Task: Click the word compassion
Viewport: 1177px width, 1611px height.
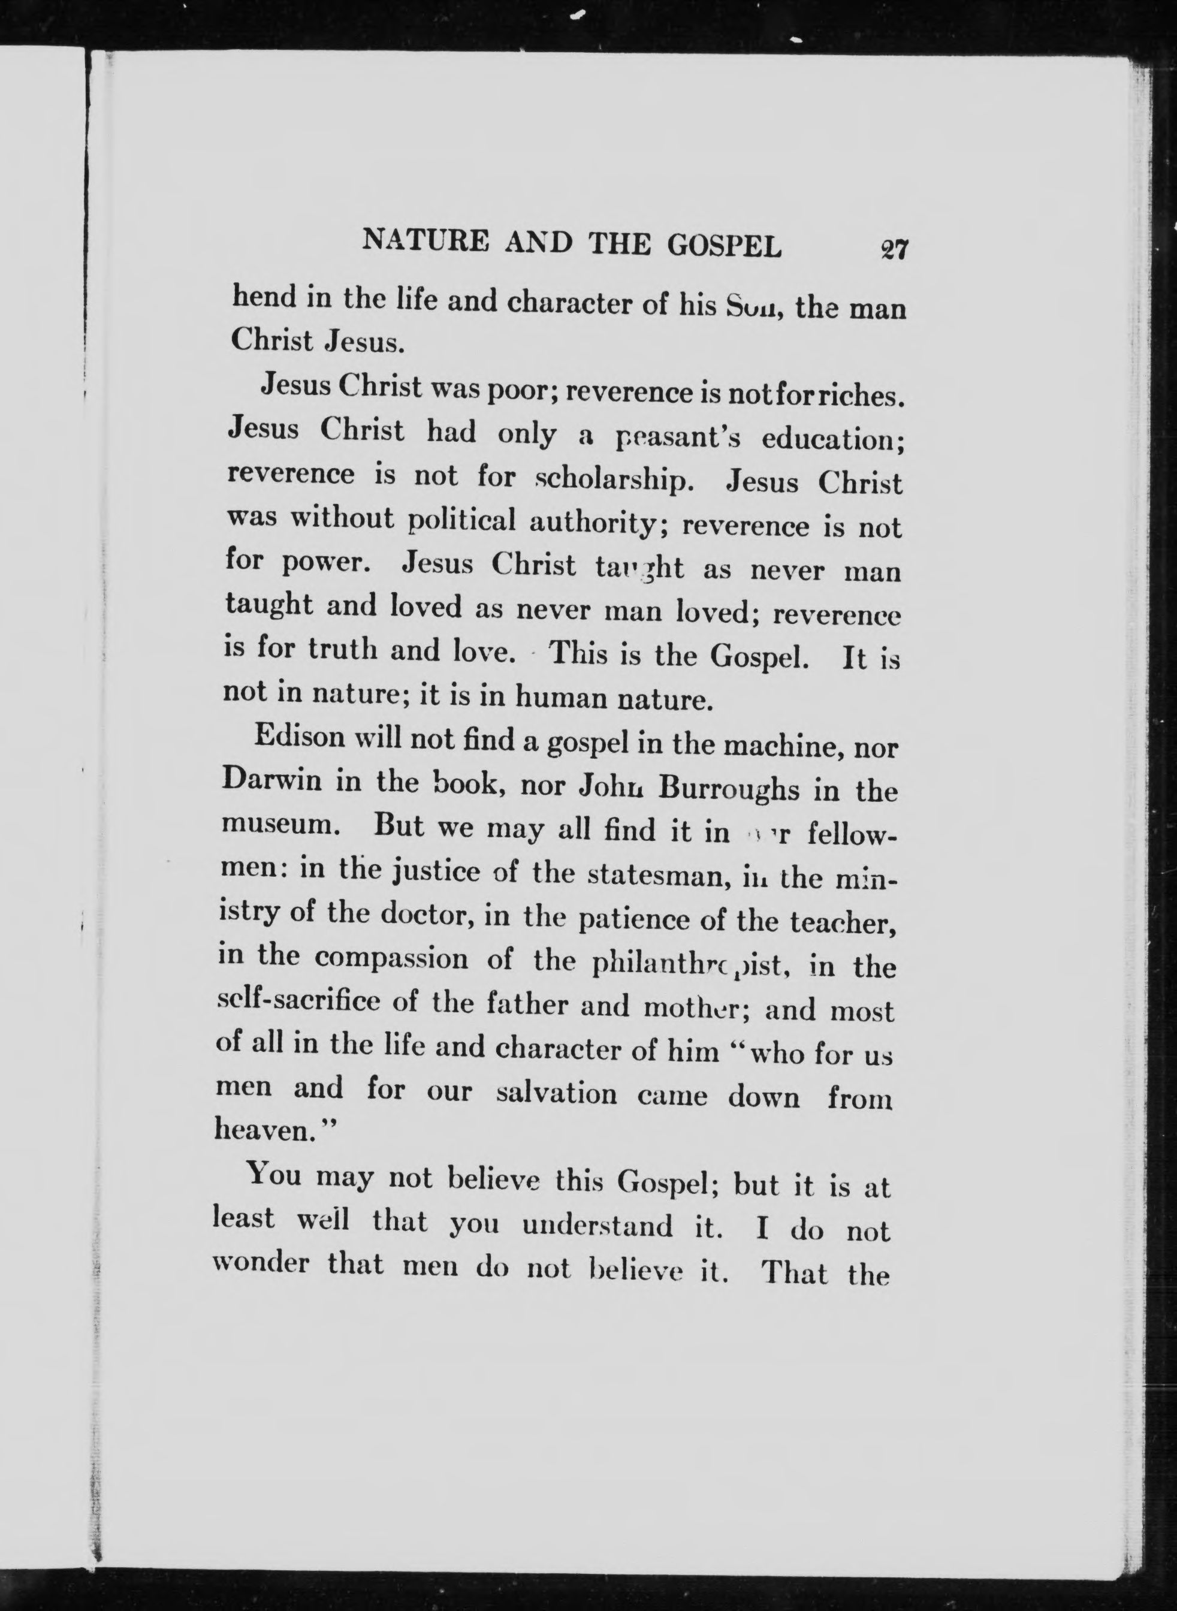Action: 391,958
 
